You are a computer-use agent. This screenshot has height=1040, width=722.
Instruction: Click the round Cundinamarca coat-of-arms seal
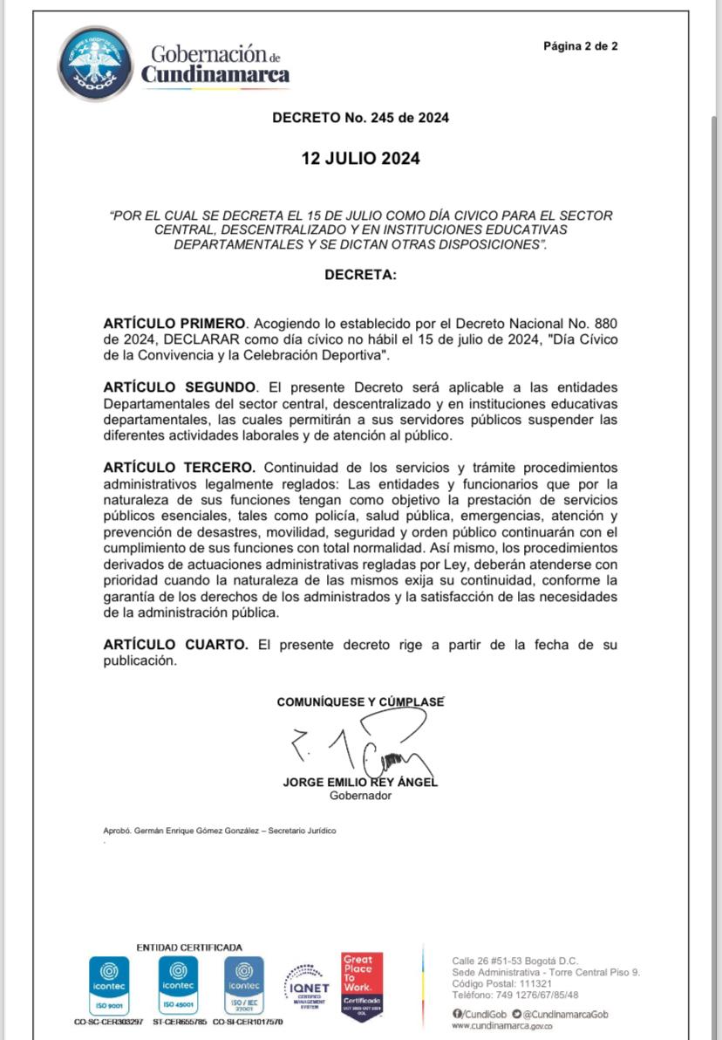point(96,63)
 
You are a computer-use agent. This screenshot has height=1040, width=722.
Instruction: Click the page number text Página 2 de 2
point(580,46)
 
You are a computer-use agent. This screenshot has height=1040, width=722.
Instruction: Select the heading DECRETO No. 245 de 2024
point(360,117)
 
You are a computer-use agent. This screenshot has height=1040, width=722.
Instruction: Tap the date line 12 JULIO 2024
point(360,159)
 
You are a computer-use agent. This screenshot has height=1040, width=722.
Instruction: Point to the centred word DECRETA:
point(360,274)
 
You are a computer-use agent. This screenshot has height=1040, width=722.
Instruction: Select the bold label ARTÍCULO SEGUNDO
point(180,387)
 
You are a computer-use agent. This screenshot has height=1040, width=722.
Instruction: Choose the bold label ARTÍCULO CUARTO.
point(175,645)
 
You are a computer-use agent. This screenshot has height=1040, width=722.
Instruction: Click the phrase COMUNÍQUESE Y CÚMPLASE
point(360,701)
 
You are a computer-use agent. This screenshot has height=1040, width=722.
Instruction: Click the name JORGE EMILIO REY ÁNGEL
point(360,783)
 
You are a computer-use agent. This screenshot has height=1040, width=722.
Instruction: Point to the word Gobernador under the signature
point(360,796)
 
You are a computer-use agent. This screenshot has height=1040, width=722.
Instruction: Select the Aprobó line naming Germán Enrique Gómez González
point(219,831)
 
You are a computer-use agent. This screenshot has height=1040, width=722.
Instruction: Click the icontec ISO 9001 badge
point(109,984)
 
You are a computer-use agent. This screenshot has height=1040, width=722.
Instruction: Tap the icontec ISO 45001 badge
point(179,984)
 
